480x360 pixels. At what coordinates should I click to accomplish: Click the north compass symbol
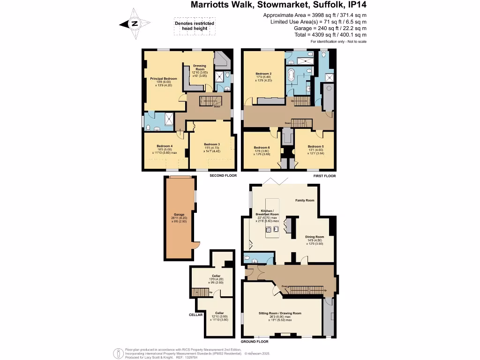point(135,23)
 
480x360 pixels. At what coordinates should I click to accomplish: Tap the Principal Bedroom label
point(164,79)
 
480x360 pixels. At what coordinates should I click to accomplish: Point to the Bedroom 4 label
point(165,146)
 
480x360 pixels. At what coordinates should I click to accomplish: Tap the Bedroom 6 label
point(262,147)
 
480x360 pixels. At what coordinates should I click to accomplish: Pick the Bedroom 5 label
point(316,147)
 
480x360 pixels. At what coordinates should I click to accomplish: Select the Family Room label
point(305,200)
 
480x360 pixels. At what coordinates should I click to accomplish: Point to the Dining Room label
point(315,237)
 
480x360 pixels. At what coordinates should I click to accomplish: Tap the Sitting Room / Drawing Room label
point(280,313)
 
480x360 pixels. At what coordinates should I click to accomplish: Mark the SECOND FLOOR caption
point(223,176)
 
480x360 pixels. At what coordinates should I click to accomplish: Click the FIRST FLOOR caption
point(324,176)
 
